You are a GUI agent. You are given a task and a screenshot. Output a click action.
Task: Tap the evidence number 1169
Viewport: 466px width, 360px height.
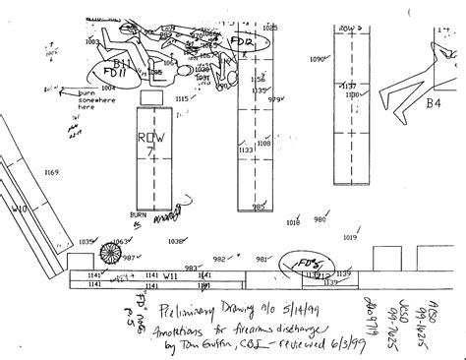[51, 172]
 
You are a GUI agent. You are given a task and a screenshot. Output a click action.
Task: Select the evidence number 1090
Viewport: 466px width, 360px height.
[317, 60]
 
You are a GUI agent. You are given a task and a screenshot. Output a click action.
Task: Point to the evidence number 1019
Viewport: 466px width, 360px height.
[350, 237]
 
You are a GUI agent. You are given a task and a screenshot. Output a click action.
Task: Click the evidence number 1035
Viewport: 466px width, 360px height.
[87, 241]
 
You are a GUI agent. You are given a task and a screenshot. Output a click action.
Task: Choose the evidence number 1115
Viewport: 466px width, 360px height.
[182, 99]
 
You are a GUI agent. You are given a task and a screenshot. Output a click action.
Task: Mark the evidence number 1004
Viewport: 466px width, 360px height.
[107, 88]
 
